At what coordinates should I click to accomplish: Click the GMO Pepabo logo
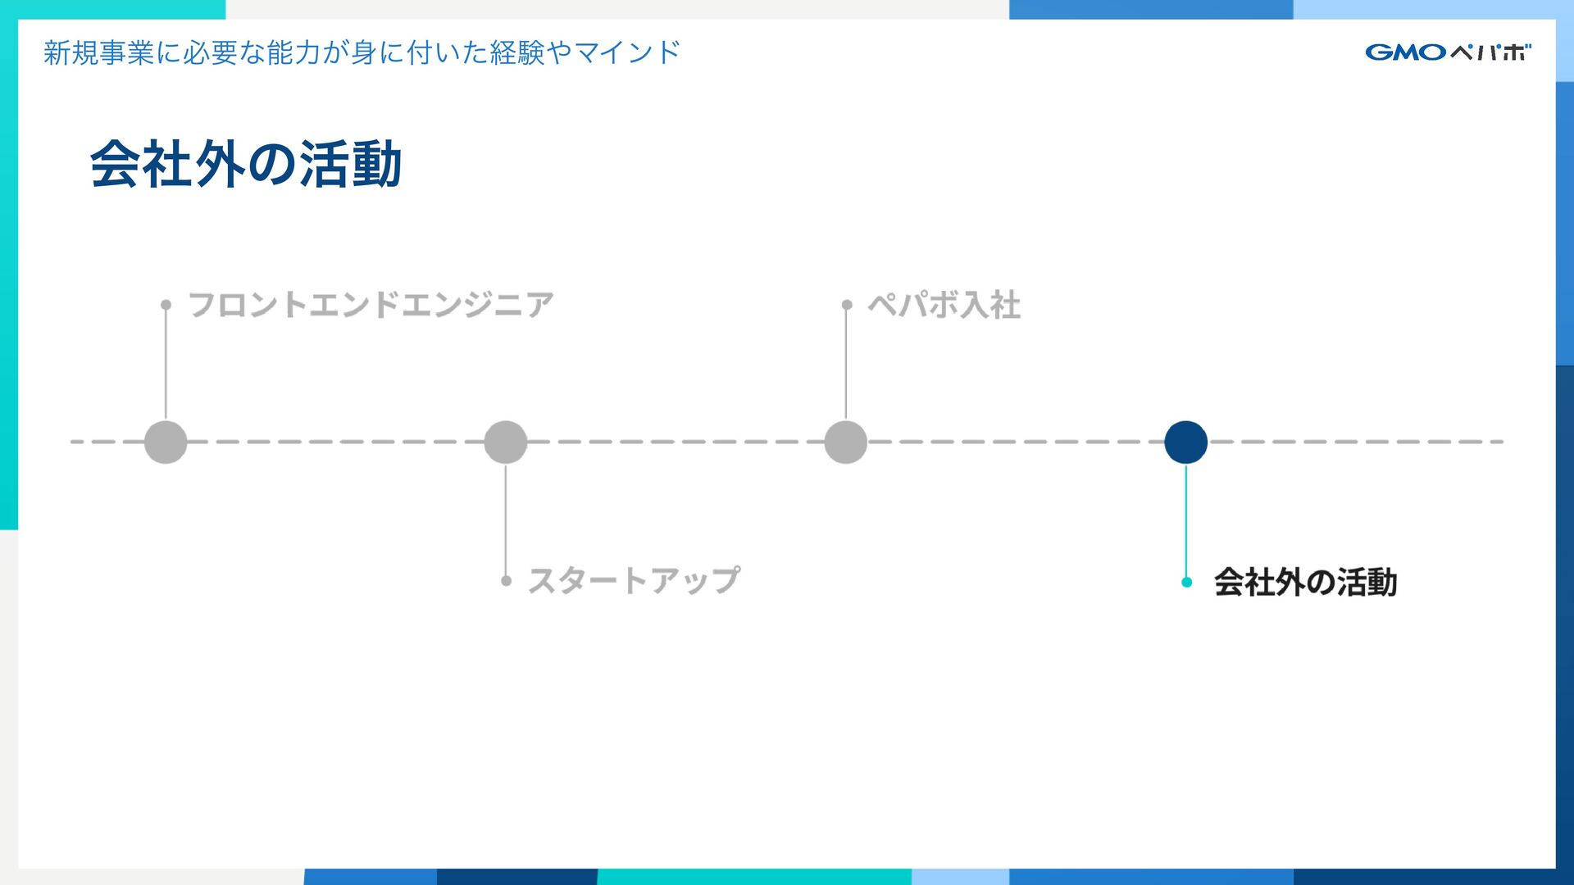click(x=1448, y=52)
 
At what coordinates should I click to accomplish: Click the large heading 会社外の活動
click(x=246, y=164)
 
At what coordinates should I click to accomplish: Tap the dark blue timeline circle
click(x=1185, y=442)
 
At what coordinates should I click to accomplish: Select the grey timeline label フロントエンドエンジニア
click(x=371, y=305)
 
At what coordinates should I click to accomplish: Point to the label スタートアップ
click(x=634, y=580)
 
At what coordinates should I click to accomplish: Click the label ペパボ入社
click(x=944, y=305)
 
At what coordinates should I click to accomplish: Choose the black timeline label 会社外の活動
click(x=1305, y=582)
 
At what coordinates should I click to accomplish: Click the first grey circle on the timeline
click(x=166, y=442)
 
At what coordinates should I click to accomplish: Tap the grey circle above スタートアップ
click(x=505, y=442)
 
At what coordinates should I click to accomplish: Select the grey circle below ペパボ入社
click(x=845, y=442)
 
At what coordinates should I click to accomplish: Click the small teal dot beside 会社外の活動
click(x=1186, y=582)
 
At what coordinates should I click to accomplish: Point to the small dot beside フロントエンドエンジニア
click(x=166, y=305)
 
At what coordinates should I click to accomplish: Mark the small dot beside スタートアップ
click(x=506, y=580)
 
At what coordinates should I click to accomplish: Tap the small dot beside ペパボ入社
click(x=846, y=305)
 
